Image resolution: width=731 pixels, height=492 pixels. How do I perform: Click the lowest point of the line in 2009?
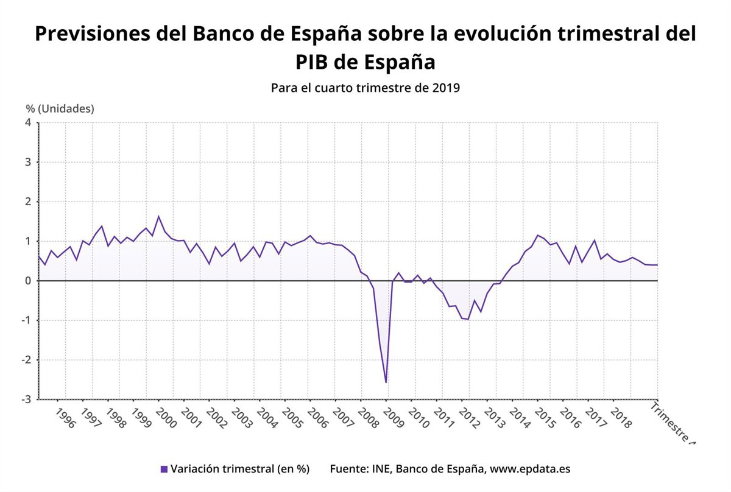coord(386,382)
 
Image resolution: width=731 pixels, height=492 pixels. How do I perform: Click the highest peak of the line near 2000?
coord(158,216)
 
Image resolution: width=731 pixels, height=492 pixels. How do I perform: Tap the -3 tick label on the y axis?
coord(26,399)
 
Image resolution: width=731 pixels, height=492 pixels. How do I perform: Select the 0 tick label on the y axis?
coord(28,281)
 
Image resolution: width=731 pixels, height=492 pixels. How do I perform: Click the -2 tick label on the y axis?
coord(26,360)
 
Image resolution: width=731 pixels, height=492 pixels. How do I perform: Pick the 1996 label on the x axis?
coord(65,418)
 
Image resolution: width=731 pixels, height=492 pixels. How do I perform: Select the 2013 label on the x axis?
coord(494,418)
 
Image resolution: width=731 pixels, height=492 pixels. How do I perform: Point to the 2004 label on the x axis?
coord(267,418)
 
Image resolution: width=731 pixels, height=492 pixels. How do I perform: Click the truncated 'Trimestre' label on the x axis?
coord(673,421)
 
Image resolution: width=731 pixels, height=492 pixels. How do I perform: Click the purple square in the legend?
coord(164,469)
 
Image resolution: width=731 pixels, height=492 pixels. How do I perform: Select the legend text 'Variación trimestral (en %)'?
coord(240,469)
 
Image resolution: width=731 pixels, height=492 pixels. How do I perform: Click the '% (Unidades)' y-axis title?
coord(60,108)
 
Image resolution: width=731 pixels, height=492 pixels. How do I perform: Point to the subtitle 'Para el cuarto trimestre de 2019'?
coord(365,87)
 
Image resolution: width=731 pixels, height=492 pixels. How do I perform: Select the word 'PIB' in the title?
coord(317,62)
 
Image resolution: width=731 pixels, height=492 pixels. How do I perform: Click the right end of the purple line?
coord(657,265)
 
